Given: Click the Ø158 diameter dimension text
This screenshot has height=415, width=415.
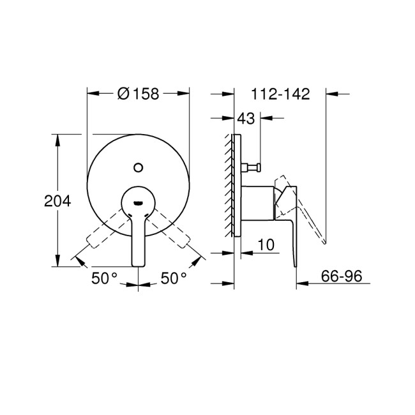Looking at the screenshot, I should pyautogui.click(x=139, y=94).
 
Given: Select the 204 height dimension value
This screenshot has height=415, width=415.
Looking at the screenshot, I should pyautogui.click(x=57, y=200).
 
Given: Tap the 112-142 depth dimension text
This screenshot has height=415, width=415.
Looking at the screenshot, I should pyautogui.click(x=280, y=94).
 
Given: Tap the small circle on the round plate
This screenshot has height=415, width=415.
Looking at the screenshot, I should pyautogui.click(x=138, y=167).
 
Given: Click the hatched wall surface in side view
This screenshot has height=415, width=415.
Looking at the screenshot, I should pyautogui.click(x=229, y=185).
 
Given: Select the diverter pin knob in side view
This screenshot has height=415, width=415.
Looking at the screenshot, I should pyautogui.click(x=252, y=168).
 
